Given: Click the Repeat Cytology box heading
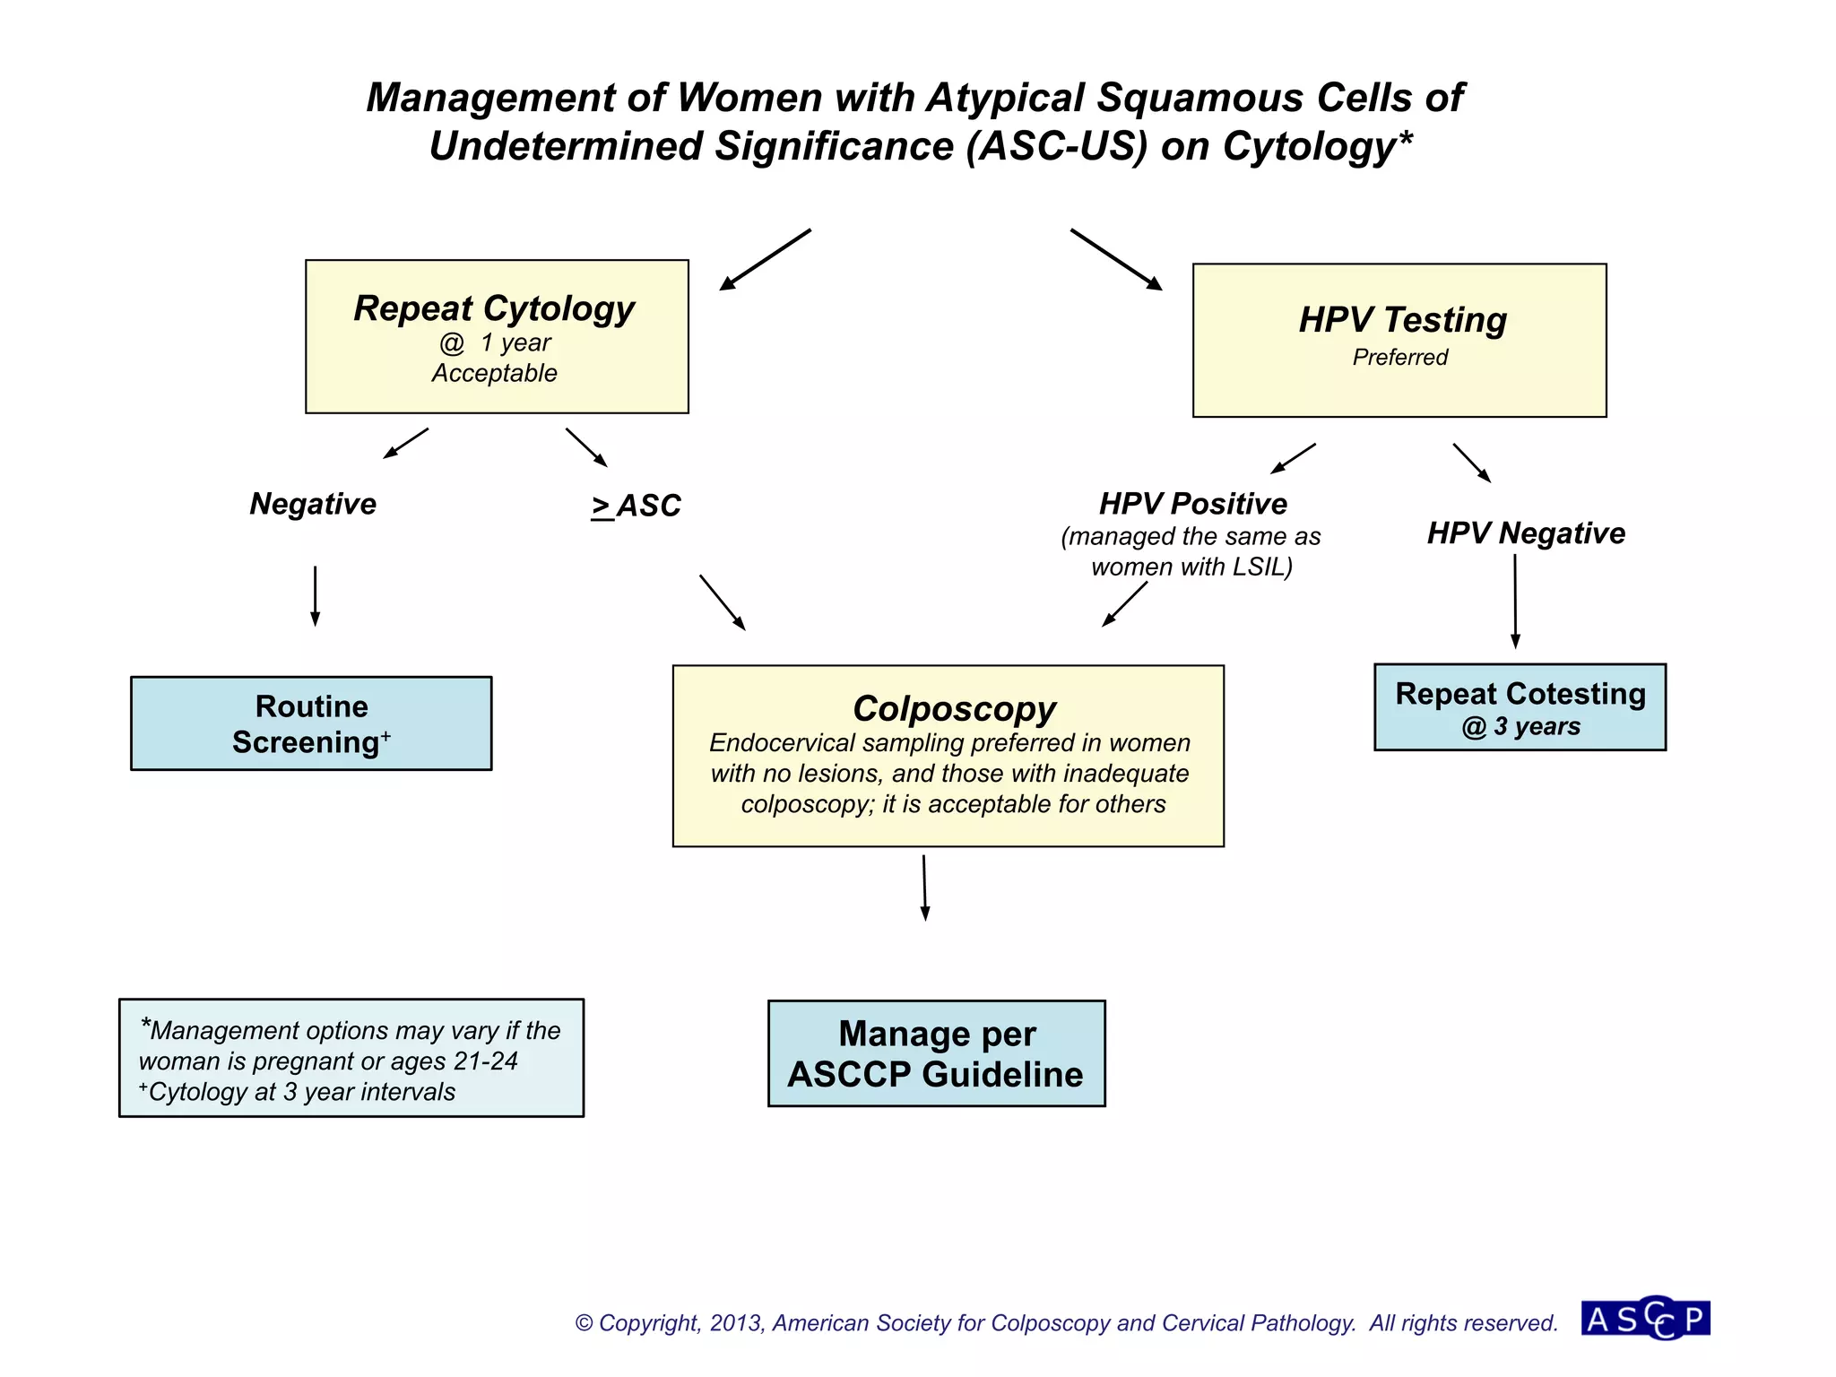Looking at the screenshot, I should [x=494, y=308].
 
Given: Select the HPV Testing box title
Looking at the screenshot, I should [x=1402, y=320].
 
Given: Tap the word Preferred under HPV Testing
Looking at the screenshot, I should [x=1399, y=358].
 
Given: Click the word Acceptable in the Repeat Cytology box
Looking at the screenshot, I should [x=494, y=374].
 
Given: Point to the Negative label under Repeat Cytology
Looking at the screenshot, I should [x=313, y=504].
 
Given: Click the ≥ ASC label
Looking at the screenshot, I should [x=636, y=507].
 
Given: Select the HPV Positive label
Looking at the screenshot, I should [x=1192, y=504].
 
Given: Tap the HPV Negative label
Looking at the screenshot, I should [x=1525, y=533].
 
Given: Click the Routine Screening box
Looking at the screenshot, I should [x=311, y=723].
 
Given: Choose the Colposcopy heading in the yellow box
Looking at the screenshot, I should [x=954, y=709].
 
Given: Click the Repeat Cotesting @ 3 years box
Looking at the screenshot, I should [x=1520, y=707].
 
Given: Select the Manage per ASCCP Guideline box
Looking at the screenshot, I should [x=936, y=1053].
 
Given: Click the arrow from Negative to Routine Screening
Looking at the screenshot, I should [x=315, y=595].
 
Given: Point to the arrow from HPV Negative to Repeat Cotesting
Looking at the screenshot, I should [x=1515, y=601].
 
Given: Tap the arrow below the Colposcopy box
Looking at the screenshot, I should [x=924, y=888].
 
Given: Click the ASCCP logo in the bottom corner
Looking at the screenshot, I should [x=1646, y=1319].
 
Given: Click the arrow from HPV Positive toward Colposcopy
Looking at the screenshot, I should [x=1125, y=603].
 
